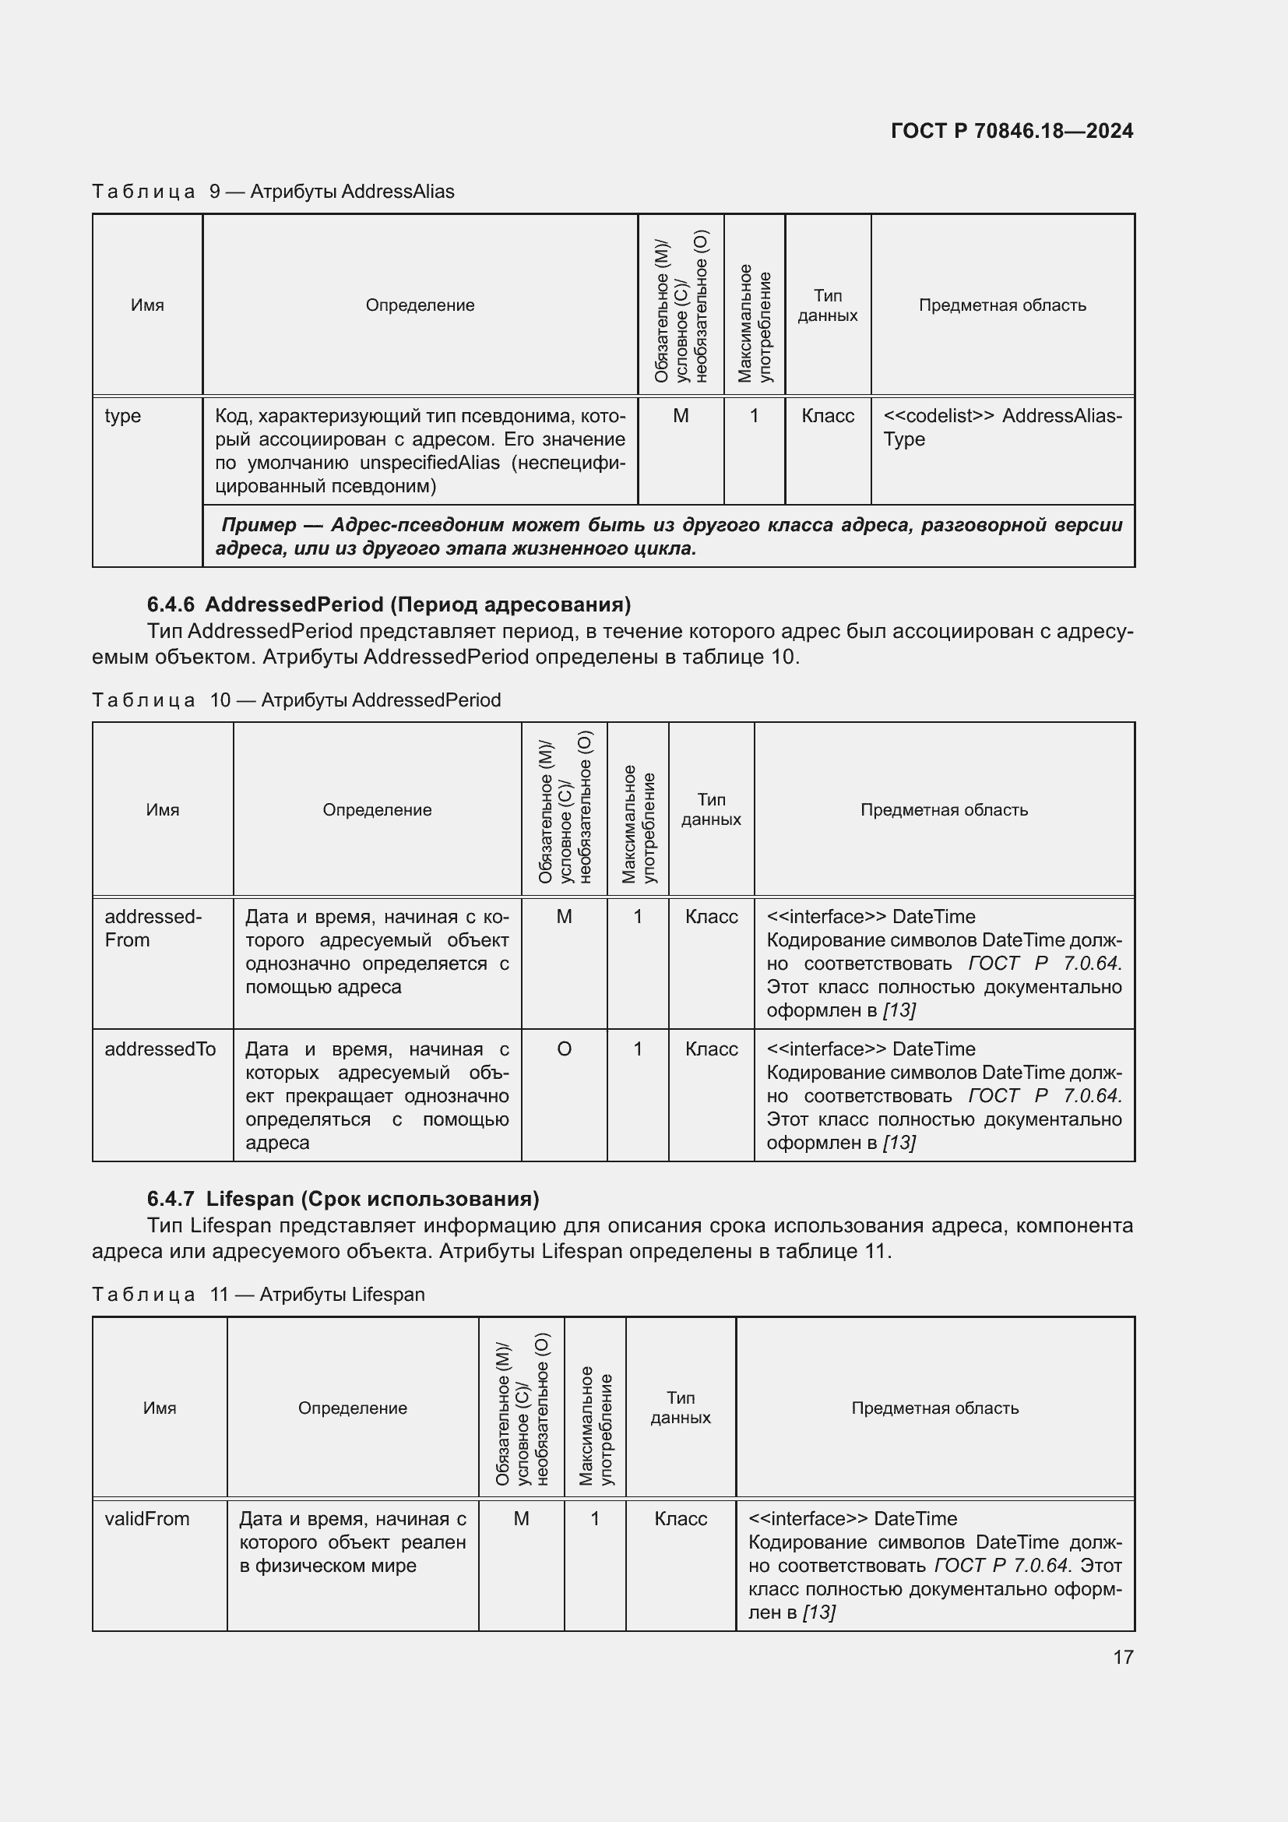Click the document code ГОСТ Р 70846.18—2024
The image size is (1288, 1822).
coord(1012,131)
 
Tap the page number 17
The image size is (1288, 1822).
coord(1122,1657)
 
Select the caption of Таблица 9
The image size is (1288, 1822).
coord(273,192)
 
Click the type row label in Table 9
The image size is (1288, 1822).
coord(123,416)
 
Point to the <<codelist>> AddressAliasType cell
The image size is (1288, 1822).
coord(1001,427)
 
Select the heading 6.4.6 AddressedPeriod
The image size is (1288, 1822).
coord(389,604)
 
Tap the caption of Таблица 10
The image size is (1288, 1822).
coord(296,700)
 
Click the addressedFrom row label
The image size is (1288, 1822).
coord(153,928)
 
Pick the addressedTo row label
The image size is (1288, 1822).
coord(160,1049)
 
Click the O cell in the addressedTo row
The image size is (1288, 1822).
coord(564,1049)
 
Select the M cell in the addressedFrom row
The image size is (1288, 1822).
coord(564,917)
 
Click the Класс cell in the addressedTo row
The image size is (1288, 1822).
coord(711,1049)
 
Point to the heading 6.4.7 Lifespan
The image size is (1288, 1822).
coord(343,1198)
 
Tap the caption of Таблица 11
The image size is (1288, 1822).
coord(258,1295)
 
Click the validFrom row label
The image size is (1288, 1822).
coord(147,1519)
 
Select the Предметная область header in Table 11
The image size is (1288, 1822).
coord(934,1408)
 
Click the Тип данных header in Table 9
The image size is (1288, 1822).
coord(827,305)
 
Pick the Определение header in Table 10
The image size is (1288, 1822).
coord(377,809)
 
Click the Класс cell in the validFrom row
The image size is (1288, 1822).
coord(680,1519)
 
